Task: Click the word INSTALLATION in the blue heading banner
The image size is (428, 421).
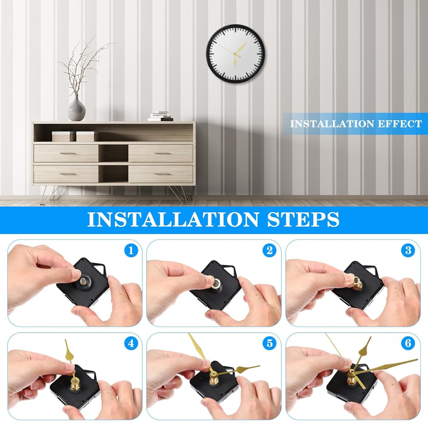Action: (x=173, y=220)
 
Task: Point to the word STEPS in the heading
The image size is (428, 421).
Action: (x=303, y=220)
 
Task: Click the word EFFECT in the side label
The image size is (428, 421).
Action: (x=399, y=124)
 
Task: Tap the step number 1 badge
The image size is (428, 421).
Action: (x=131, y=251)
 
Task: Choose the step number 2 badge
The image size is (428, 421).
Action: (x=270, y=251)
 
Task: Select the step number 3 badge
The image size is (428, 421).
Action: (x=408, y=251)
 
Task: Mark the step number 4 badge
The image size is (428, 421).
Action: (x=131, y=343)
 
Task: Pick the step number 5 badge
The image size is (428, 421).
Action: (x=270, y=343)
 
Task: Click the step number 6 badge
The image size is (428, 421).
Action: (x=408, y=343)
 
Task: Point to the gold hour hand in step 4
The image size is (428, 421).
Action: (x=70, y=354)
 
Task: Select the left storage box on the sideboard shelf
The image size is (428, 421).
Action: (x=63, y=136)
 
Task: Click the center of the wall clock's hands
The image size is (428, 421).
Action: (x=235, y=54)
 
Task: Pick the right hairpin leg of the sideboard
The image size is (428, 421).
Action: (x=180, y=195)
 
